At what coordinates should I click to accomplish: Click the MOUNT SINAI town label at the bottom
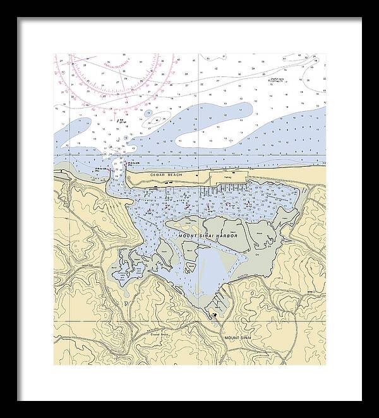(238, 339)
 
